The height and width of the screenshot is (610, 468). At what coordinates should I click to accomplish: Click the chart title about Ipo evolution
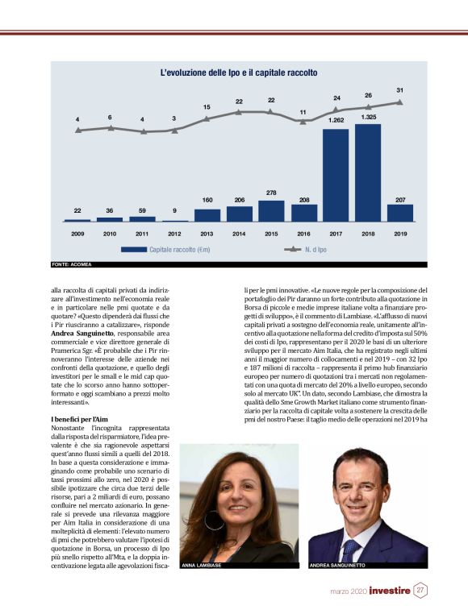click(x=239, y=73)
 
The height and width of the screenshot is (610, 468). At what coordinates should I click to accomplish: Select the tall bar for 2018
click(x=367, y=172)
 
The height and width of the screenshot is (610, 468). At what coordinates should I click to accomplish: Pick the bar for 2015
click(x=270, y=211)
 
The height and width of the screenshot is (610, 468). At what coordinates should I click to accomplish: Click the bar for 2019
click(x=400, y=213)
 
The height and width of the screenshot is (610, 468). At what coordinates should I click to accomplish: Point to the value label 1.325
click(x=368, y=118)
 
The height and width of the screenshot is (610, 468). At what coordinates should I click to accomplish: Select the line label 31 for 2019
click(x=400, y=89)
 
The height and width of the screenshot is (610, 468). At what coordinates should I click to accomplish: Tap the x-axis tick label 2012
click(x=174, y=234)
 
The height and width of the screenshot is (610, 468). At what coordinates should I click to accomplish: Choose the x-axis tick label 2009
click(x=77, y=234)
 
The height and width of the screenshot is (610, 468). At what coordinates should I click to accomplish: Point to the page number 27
click(x=420, y=591)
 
